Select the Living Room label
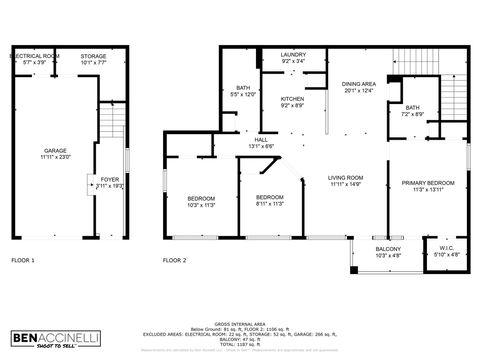[346, 181]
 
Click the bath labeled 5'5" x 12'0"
[243, 90]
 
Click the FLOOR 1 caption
[22, 260]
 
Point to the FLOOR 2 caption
[175, 260]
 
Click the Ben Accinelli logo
[55, 338]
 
